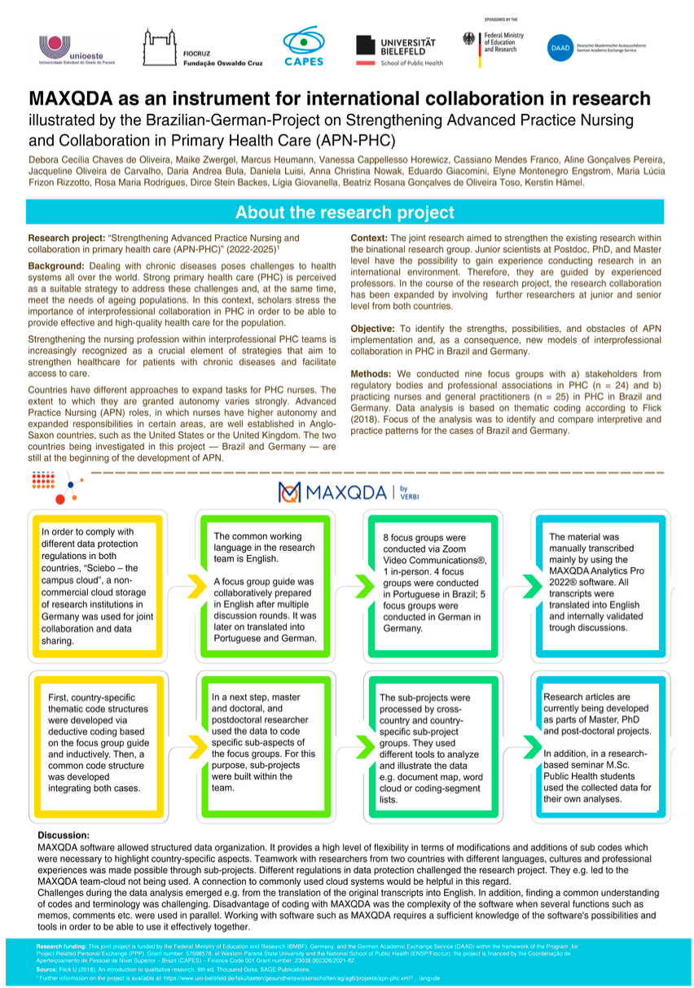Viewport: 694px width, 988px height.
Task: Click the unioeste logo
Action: click(x=77, y=47)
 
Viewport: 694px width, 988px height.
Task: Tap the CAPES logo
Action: click(x=303, y=46)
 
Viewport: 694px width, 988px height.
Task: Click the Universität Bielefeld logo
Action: click(x=400, y=50)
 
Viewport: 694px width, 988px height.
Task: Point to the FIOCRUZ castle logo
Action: click(x=158, y=46)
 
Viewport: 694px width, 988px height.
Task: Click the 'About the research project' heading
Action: click(x=345, y=212)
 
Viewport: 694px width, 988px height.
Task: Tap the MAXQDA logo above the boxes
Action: click(x=348, y=492)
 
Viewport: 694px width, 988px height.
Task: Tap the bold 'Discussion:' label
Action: click(x=64, y=836)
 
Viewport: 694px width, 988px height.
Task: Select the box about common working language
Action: click(x=266, y=586)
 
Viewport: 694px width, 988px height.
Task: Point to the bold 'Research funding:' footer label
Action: click(x=61, y=946)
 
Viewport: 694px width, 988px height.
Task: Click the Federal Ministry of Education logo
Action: click(x=494, y=42)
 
